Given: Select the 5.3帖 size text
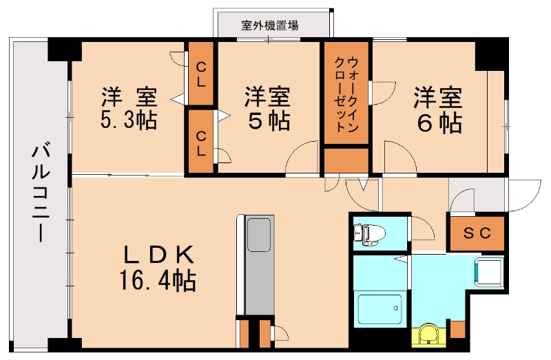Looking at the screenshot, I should [x=129, y=120].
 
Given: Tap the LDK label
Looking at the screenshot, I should [x=158, y=254].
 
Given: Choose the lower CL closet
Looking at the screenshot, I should [x=201, y=141].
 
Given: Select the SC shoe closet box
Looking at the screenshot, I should [x=477, y=233].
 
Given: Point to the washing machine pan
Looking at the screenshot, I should [x=490, y=271].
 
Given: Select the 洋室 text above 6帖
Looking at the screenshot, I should [x=438, y=96].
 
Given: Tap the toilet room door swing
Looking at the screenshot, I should [x=422, y=228].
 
